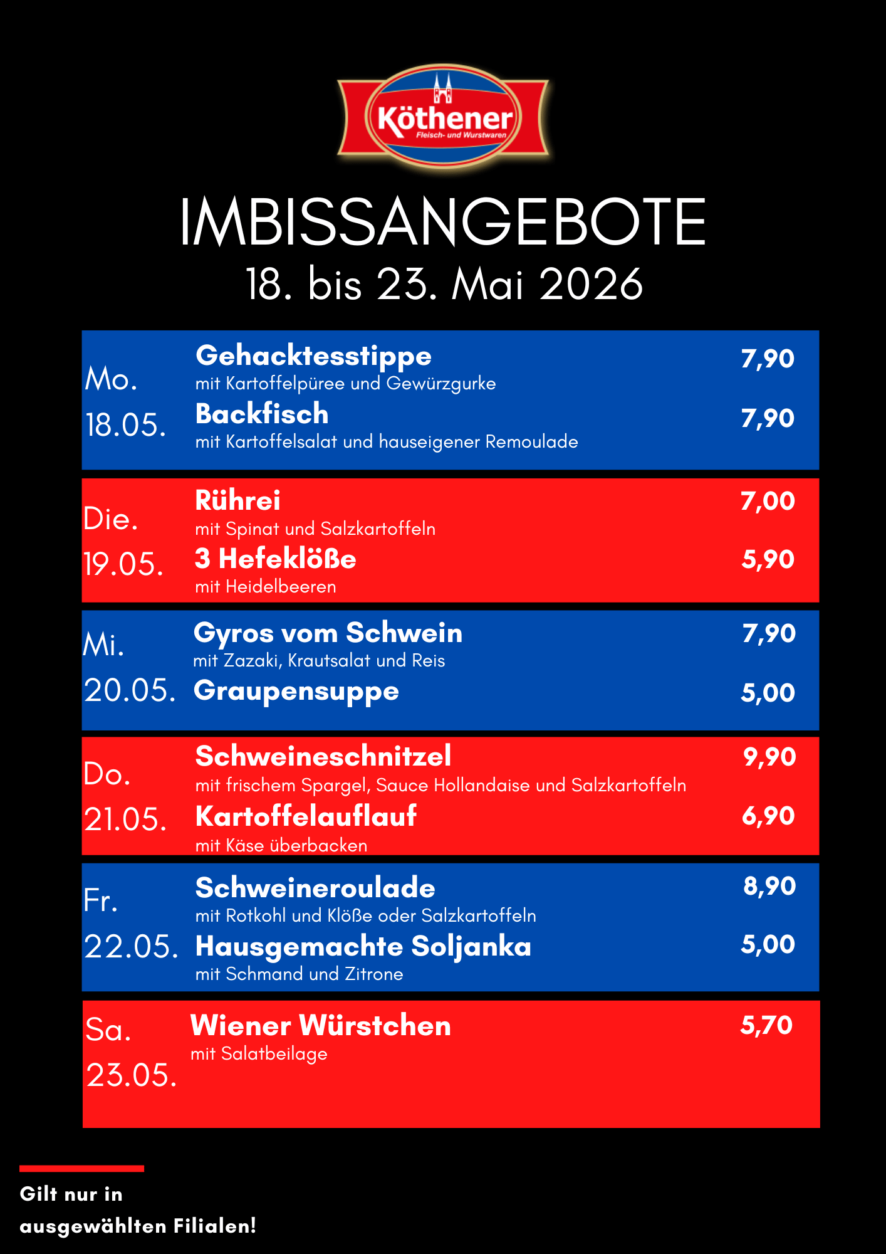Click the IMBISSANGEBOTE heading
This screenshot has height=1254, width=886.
(x=443, y=221)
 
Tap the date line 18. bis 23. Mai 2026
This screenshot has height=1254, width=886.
(x=444, y=284)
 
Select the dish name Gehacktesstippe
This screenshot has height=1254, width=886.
(x=313, y=356)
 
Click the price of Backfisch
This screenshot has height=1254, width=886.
(x=768, y=419)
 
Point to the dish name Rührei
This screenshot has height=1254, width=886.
(x=237, y=500)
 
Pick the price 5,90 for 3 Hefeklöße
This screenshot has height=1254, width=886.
(x=768, y=559)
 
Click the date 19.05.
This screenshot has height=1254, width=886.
(x=123, y=564)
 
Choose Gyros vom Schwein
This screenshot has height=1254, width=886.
(x=328, y=633)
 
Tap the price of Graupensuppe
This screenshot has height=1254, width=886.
(x=768, y=693)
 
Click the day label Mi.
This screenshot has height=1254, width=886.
(x=104, y=645)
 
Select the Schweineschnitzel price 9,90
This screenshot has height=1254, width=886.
(x=769, y=757)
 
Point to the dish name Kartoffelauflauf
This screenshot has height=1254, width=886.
(x=306, y=816)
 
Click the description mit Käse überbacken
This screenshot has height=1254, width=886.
(x=281, y=845)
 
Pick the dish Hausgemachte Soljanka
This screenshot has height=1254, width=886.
(x=363, y=947)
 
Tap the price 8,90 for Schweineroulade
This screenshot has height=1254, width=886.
(x=769, y=886)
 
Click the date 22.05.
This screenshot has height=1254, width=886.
(x=131, y=946)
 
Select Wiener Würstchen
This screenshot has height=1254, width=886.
(x=321, y=1026)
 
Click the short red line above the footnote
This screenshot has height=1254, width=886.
(x=81, y=1169)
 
